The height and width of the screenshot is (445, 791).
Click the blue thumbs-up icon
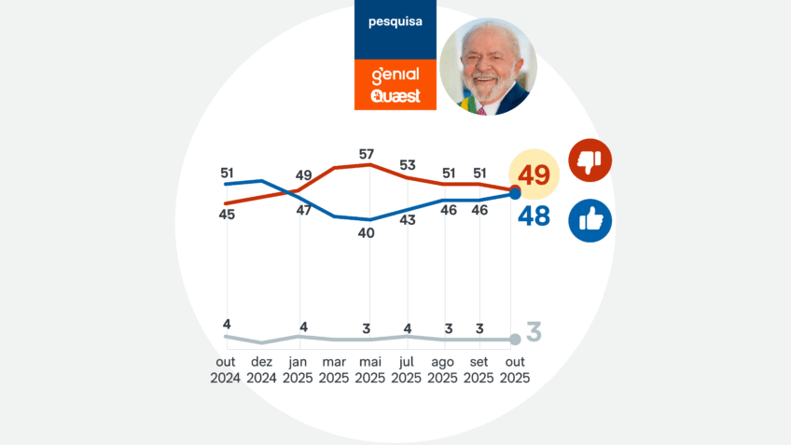(590, 220)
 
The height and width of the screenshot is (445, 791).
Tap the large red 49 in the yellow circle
(534, 174)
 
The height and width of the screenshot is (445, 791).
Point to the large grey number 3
(534, 331)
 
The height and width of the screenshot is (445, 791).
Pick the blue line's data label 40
(367, 233)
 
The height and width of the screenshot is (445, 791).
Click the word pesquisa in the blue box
(395, 21)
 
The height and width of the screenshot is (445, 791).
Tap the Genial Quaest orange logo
(395, 84)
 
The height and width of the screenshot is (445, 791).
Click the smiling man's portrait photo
(488, 66)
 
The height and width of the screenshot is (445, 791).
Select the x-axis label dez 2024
(262, 370)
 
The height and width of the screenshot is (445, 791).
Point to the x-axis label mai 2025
(370, 370)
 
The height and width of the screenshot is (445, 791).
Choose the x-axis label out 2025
(515, 370)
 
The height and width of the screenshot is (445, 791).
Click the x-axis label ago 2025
(443, 370)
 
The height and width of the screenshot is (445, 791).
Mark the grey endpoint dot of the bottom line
(515, 340)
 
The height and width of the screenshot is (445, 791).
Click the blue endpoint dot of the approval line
(515, 194)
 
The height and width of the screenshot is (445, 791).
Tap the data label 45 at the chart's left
(227, 215)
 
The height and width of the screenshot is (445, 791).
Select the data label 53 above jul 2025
(408, 165)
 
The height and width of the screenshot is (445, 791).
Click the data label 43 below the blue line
(408, 220)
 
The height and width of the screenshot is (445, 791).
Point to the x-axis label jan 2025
(298, 370)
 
